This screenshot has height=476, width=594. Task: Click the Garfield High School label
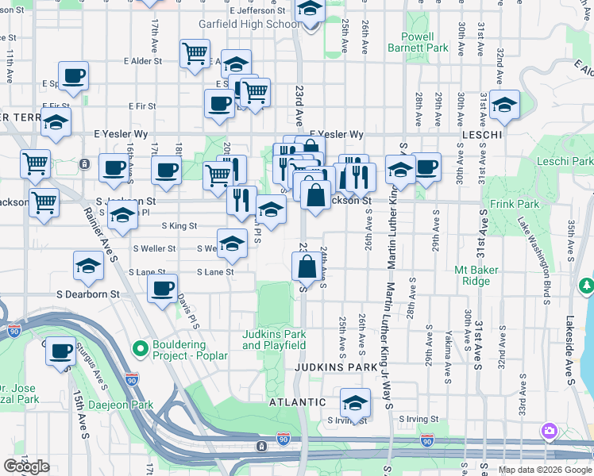pyautogui.click(x=251, y=24)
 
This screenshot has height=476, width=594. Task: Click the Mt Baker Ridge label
pyautogui.click(x=476, y=275)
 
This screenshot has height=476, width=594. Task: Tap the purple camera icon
pyautogui.click(x=548, y=432)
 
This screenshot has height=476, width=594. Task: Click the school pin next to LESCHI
pyautogui.click(x=503, y=106)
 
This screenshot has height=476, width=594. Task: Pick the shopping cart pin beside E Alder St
pyautogui.click(x=195, y=54)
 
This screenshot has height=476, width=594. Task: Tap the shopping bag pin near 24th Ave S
pyautogui.click(x=307, y=267)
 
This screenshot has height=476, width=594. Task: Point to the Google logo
pyautogui.click(x=26, y=466)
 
